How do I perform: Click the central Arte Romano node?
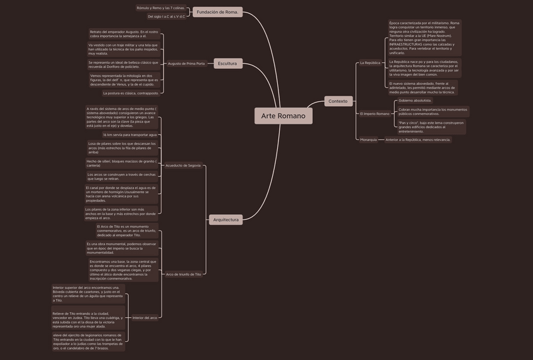283,116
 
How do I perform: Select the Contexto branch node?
338,101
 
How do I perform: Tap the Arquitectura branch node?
226,220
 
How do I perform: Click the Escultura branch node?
227,63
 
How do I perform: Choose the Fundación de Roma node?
217,12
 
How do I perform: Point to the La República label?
370,63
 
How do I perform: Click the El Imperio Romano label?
375,114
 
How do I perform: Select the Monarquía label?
369,139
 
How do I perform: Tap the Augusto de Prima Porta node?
187,63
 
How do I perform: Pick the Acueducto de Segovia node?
183,165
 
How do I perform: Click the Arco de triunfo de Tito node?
184,274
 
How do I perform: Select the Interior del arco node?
145,318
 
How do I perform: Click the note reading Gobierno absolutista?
415,101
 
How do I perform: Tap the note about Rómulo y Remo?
161,8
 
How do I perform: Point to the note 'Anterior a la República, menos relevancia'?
418,139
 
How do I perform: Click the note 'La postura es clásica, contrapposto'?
131,93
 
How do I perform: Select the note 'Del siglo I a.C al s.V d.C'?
167,16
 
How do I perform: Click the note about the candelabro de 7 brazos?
88,342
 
